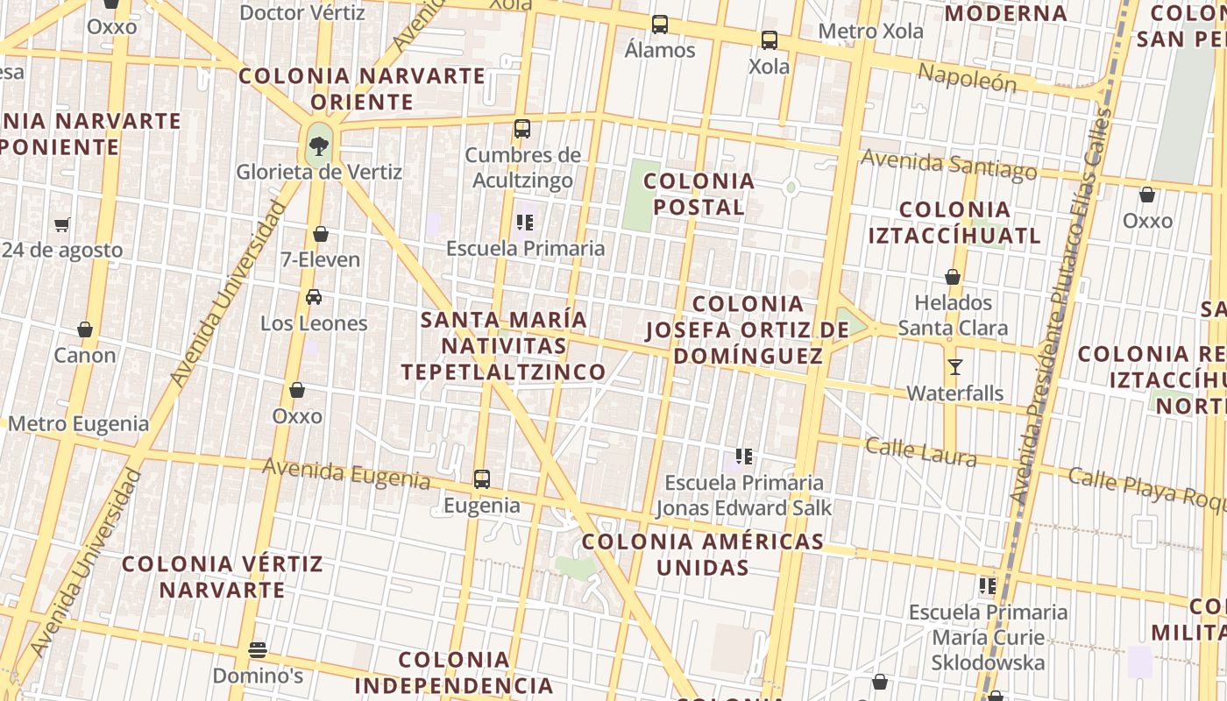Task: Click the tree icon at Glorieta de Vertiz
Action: (319, 145)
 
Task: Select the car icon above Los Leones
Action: (314, 297)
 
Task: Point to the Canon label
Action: (85, 355)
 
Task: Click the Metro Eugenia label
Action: (79, 424)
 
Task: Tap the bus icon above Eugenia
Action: (482, 479)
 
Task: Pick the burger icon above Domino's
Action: (258, 650)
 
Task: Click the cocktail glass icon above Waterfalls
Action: (955, 367)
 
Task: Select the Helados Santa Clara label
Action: (953, 315)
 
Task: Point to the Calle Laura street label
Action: (920, 451)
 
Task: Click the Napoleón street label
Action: (967, 78)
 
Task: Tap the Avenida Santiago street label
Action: (948, 164)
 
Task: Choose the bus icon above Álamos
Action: (660, 25)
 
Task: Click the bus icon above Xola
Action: (769, 40)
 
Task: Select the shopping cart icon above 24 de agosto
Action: (61, 225)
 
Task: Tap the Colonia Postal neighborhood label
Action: (699, 195)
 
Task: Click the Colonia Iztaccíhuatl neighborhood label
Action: (954, 223)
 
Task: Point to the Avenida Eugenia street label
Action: (346, 474)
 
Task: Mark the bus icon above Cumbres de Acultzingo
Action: (522, 129)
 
